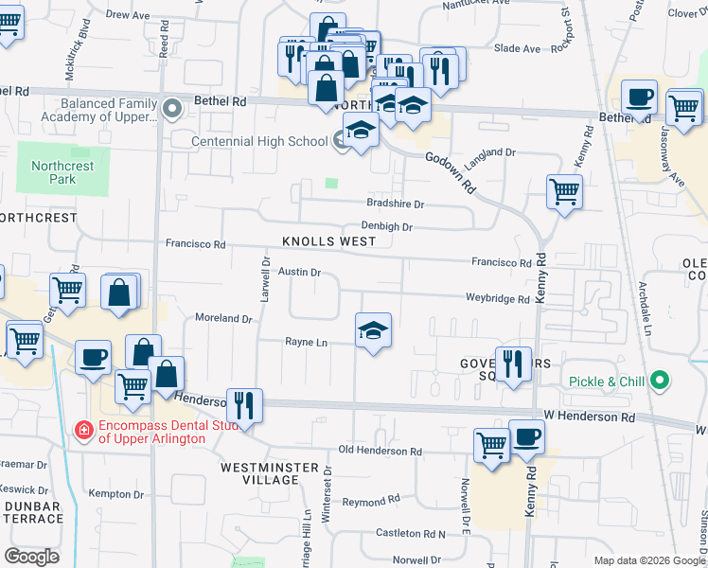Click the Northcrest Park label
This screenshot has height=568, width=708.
click(62, 171)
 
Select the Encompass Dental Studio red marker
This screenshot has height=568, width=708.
click(83, 431)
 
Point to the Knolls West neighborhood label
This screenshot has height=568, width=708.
click(328, 241)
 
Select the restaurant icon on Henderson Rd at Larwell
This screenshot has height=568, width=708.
click(245, 405)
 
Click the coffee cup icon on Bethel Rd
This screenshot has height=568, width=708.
click(639, 97)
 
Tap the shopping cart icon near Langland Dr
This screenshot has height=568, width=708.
click(564, 191)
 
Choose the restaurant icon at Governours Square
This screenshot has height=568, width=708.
click(513, 364)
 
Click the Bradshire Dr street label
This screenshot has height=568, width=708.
click(395, 204)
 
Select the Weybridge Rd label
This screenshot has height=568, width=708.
click(497, 299)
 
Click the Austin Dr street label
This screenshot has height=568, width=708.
click(301, 273)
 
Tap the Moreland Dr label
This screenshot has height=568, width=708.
click(223, 318)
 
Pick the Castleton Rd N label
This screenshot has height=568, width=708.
click(410, 535)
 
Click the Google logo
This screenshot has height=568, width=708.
click(31, 557)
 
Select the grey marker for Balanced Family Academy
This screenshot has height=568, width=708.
click(172, 109)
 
